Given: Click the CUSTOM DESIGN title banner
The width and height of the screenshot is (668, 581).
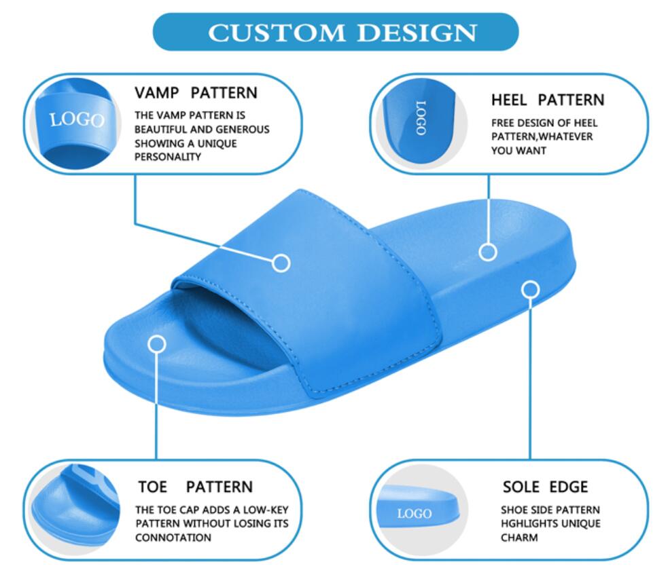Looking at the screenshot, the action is coord(336,32).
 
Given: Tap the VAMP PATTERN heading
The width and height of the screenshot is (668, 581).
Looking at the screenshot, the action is coord(196,93).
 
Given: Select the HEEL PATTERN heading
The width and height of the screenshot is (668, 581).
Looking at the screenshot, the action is coord(548,100).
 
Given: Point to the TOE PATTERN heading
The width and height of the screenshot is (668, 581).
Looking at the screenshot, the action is coord(196,487).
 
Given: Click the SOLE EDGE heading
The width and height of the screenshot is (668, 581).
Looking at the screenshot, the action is coord(545,487).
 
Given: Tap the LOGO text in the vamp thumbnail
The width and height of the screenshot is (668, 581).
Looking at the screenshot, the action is coord(77,119).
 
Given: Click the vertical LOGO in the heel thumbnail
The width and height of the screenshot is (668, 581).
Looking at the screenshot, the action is coord(421,118).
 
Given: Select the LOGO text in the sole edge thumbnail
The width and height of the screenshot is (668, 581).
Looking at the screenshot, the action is coord(415,514).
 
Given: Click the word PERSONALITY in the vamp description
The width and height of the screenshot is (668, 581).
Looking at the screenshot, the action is coord(168,157).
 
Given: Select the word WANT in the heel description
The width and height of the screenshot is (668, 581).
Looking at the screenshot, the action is coord(533,151).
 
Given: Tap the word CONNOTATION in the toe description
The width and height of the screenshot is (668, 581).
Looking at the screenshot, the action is coord(173,538).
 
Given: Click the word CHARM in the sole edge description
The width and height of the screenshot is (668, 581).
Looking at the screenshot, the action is coord(519,538).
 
